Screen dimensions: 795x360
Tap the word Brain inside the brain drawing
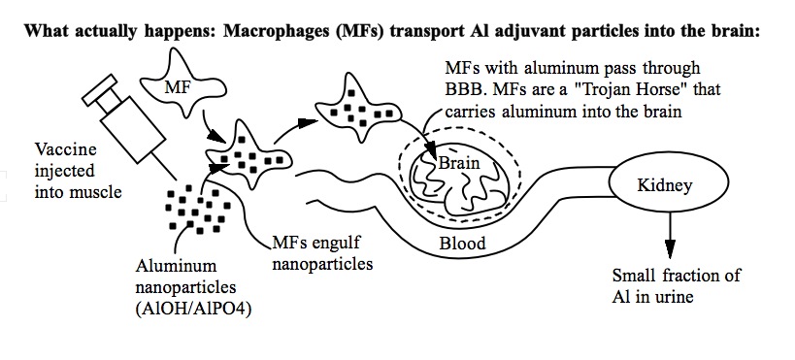click(x=459, y=163)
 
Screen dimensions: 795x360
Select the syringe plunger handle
click(x=99, y=90)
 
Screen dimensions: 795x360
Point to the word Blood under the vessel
click(x=462, y=244)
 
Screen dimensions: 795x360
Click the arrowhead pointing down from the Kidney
click(x=671, y=248)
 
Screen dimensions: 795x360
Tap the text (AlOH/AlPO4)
click(x=194, y=309)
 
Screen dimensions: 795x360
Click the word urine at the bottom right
click(x=673, y=296)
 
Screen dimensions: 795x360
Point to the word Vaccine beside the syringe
click(x=65, y=149)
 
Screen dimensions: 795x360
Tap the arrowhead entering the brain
click(x=431, y=150)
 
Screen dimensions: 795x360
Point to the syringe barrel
click(x=133, y=129)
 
